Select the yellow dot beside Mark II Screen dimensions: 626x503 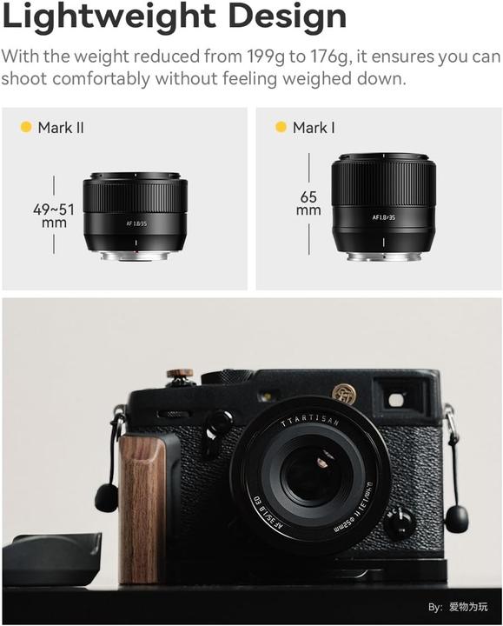click(26, 128)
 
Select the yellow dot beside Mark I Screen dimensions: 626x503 click(281, 128)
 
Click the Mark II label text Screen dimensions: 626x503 click(61, 128)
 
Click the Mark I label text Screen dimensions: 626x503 click(314, 128)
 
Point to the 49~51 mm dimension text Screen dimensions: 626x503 click(54, 216)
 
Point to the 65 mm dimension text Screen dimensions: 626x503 click(308, 203)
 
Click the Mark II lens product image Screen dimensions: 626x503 click(135, 217)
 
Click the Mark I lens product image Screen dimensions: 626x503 click(383, 207)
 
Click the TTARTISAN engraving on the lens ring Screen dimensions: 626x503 click(311, 423)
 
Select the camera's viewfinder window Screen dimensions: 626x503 click(395, 399)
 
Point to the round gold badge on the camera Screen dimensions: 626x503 click(344, 394)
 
